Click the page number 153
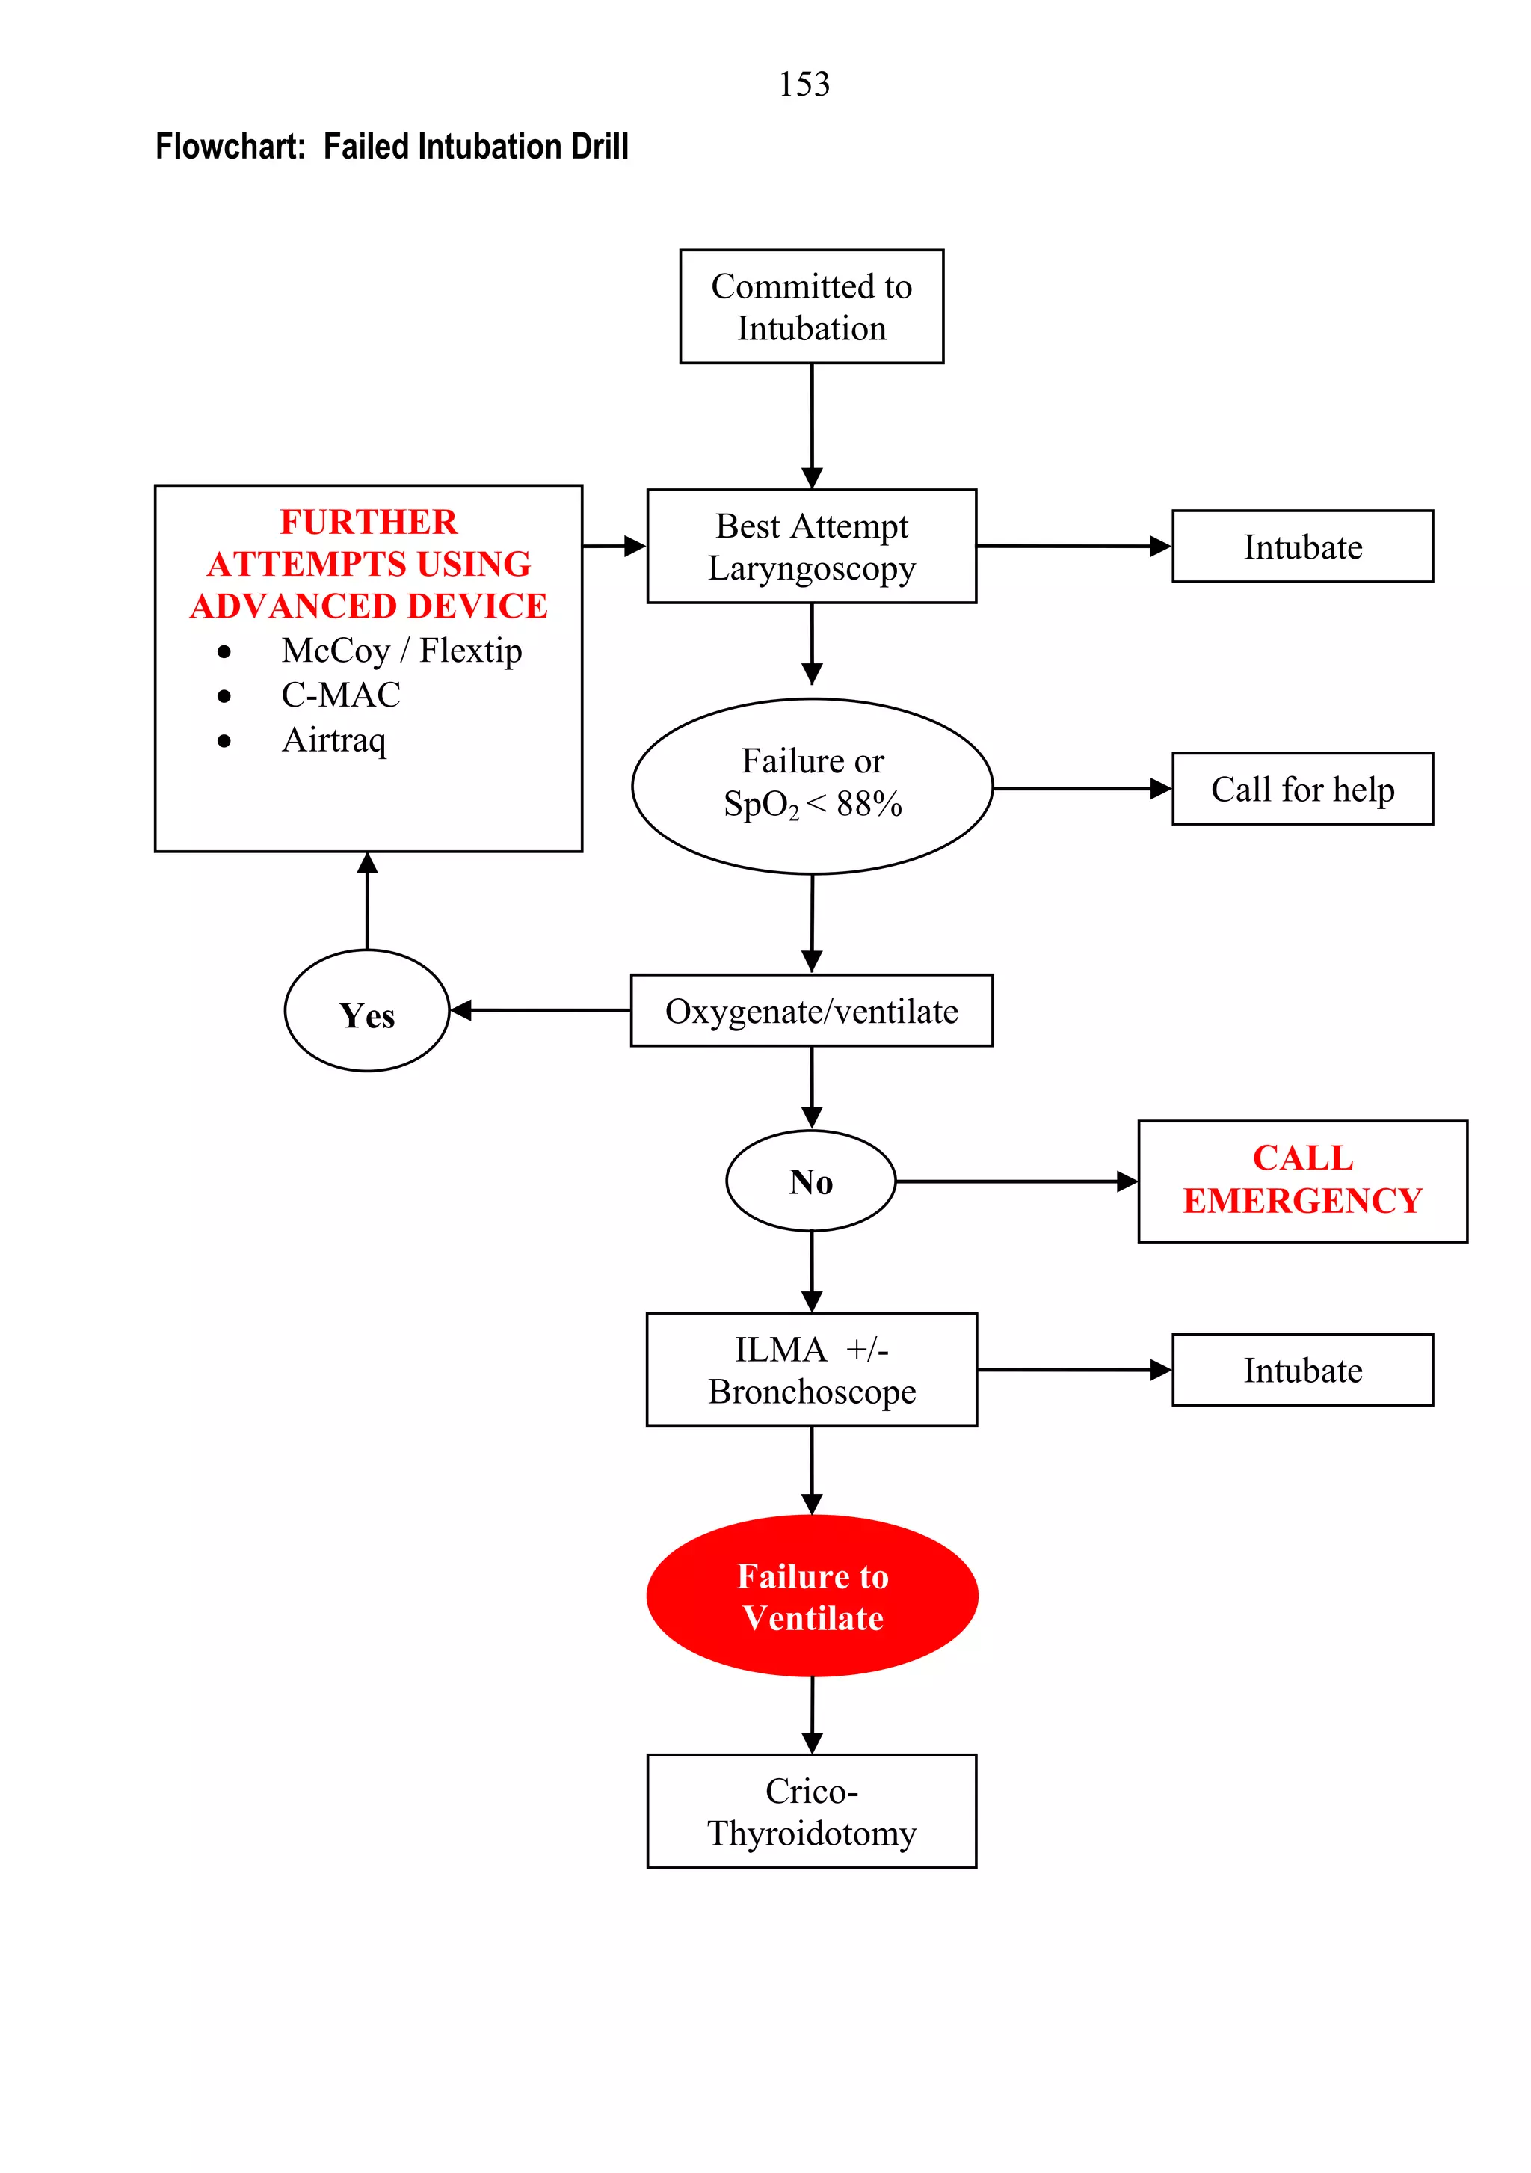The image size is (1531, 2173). pyautogui.click(x=804, y=84)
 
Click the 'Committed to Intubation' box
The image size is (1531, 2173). pyautogui.click(x=811, y=307)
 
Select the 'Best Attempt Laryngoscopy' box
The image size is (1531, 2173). pyautogui.click(x=811, y=546)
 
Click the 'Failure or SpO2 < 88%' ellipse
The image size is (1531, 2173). pyautogui.click(x=812, y=786)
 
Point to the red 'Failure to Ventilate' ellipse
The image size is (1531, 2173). pyautogui.click(x=812, y=1596)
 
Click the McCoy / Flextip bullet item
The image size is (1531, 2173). pyautogui.click(x=401, y=651)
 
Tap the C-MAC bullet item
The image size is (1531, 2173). pyautogui.click(x=341, y=695)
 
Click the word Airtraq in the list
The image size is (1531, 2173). pyautogui.click(x=334, y=740)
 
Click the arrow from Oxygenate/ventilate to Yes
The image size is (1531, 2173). pyautogui.click(x=539, y=1011)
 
